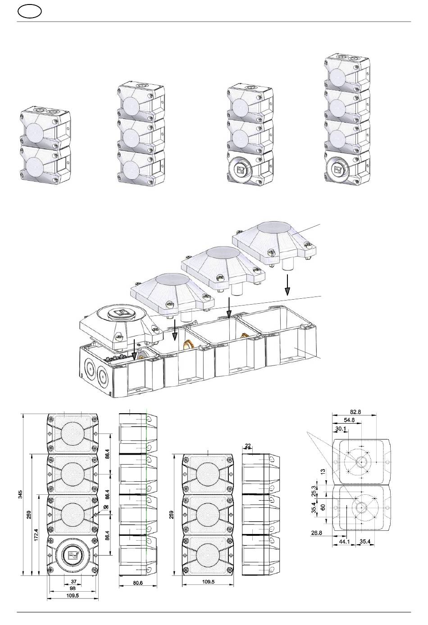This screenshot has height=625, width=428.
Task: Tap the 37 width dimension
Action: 73,582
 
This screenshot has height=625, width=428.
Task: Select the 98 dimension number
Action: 73,589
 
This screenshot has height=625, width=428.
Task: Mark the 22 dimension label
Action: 248,446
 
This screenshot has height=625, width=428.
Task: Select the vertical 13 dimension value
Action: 322,471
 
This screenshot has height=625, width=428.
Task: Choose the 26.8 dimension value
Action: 316,533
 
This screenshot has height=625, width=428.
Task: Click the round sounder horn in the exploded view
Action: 119,314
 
